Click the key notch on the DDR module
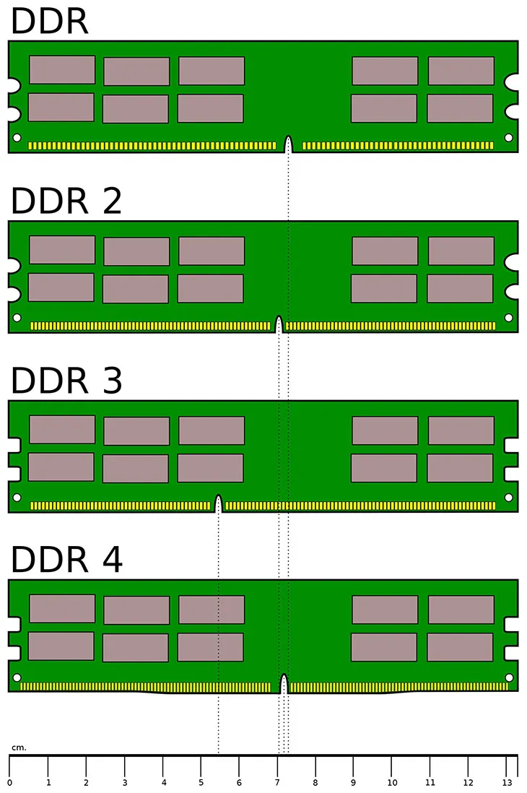pyautogui.click(x=289, y=143)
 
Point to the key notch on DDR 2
pyautogui.click(x=279, y=323)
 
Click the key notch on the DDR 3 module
pyautogui.click(x=218, y=503)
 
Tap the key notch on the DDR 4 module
pyautogui.click(x=284, y=682)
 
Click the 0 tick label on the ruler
pyautogui.click(x=9, y=782)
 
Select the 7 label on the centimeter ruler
pyautogui.click(x=276, y=782)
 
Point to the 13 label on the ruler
pyautogui.click(x=506, y=782)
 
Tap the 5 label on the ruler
pyautogui.click(x=201, y=782)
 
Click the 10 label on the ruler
pyautogui.click(x=391, y=782)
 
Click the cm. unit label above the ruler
pyautogui.click(x=19, y=747)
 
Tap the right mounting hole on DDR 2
pyautogui.click(x=508, y=317)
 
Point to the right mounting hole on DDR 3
pyautogui.click(x=508, y=497)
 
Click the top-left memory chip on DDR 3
pyautogui.click(x=62, y=429)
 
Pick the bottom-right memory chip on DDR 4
pyautogui.click(x=460, y=647)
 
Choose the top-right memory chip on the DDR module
pyautogui.click(x=461, y=71)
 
